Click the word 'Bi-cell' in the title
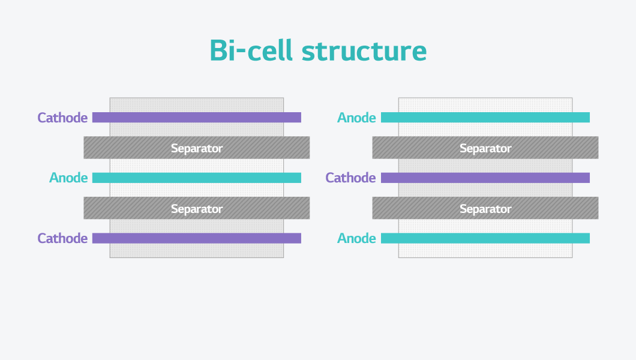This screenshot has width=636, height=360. tap(251, 51)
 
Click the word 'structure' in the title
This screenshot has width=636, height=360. tap(364, 52)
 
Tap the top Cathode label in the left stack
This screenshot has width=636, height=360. tap(62, 118)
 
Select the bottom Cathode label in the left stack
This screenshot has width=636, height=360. tap(62, 238)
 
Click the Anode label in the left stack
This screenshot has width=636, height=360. tap(68, 178)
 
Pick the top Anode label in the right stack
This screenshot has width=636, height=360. tap(356, 118)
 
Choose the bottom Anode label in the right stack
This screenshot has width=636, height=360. tap(356, 238)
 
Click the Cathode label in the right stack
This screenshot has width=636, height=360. tap(350, 178)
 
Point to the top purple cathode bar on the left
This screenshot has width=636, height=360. tap(197, 118)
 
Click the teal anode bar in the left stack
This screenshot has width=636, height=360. tap(197, 178)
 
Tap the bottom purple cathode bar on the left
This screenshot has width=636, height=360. tap(197, 238)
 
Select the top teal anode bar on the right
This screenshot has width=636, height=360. tap(485, 118)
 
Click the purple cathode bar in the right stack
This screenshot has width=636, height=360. tap(485, 178)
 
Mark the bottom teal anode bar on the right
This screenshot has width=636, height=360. tap(485, 238)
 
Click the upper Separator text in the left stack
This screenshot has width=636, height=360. tap(197, 148)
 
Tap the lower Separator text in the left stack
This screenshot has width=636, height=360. tap(197, 209)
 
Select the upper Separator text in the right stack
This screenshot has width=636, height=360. tap(485, 148)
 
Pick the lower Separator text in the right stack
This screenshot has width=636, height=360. tap(485, 209)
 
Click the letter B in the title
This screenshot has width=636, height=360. tap(219, 51)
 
